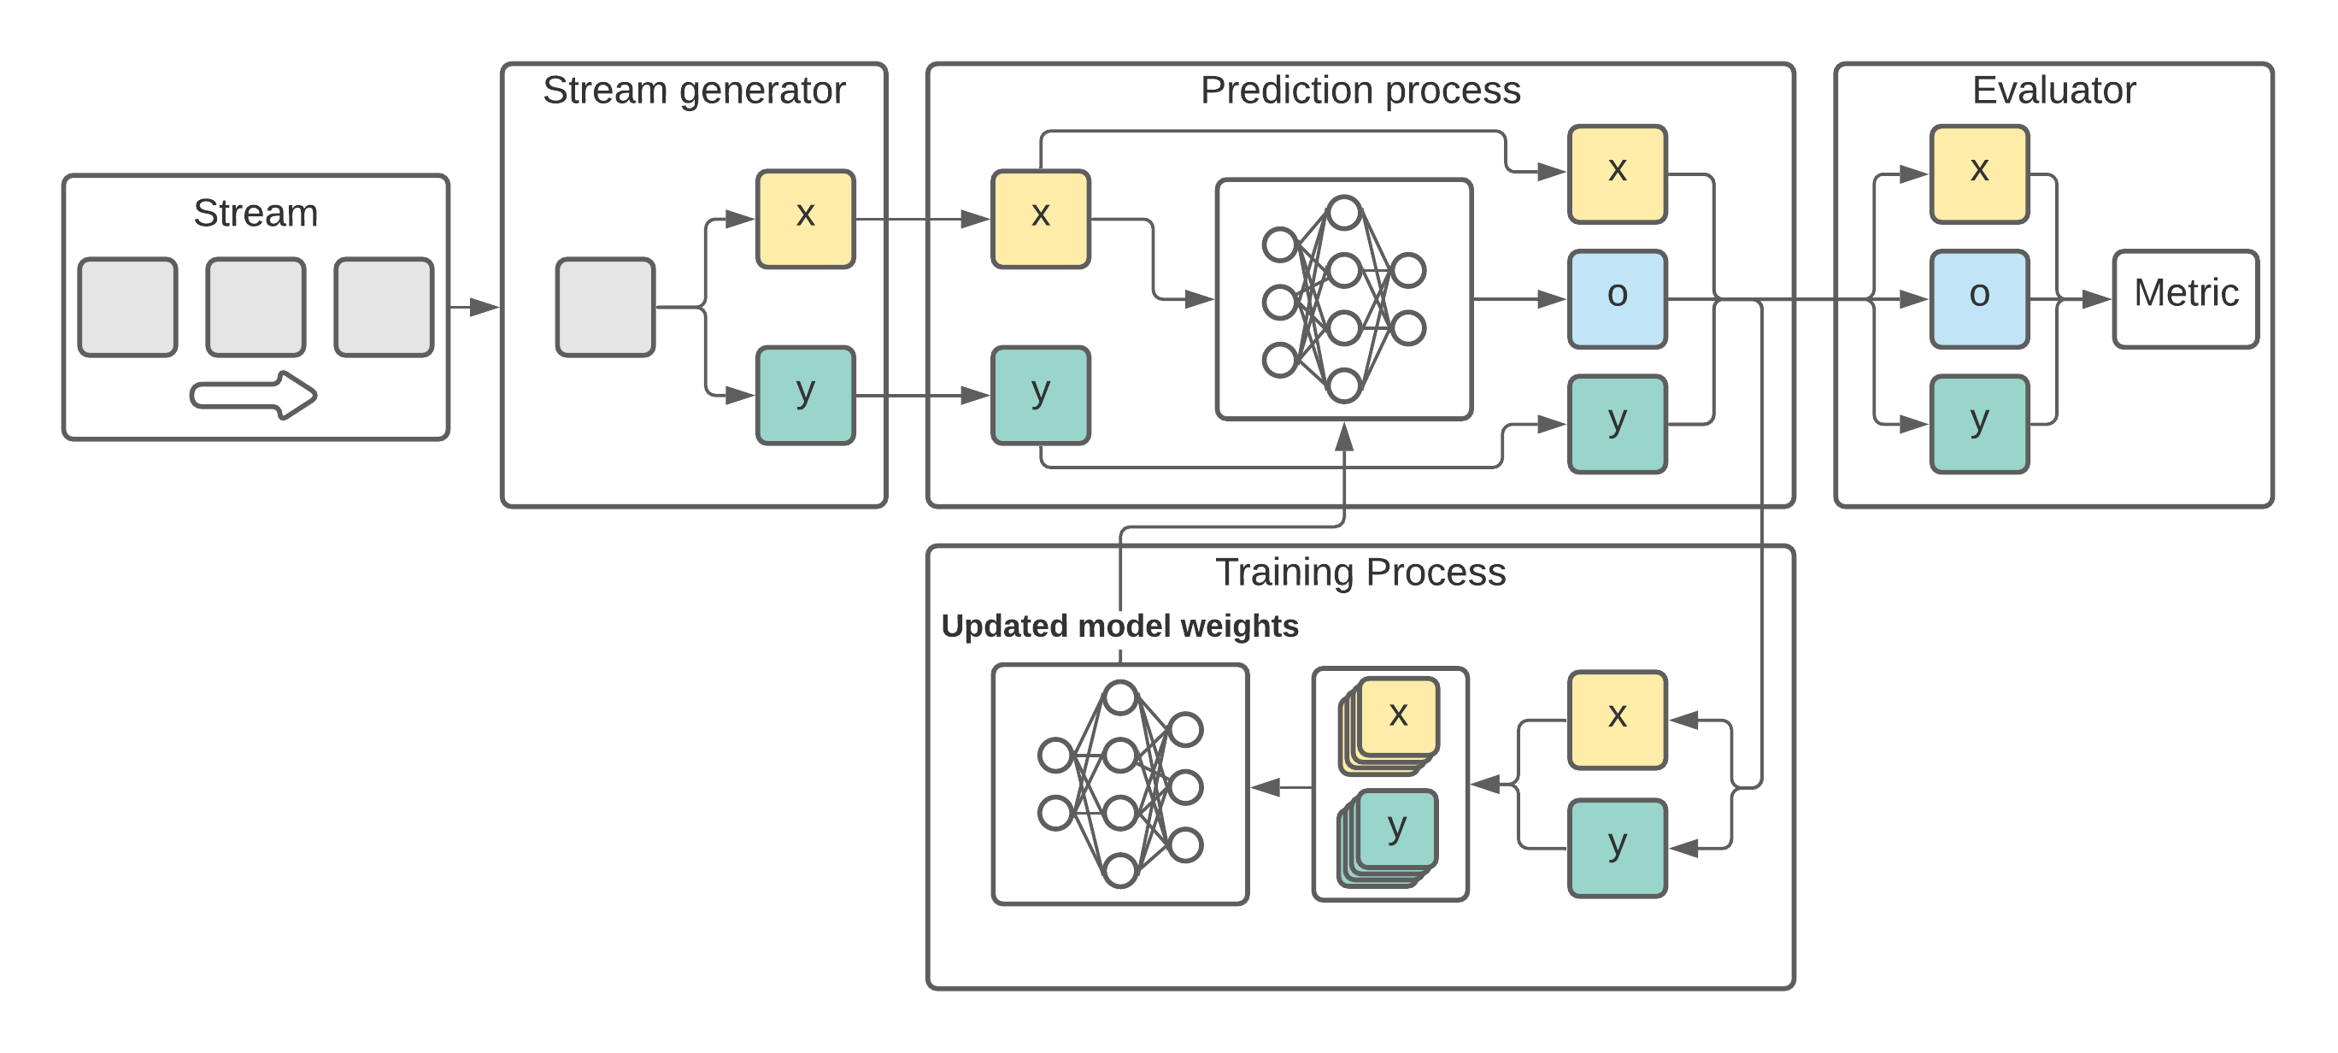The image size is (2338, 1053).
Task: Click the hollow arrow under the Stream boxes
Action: tap(253, 395)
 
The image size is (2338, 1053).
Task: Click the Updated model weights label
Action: tap(1119, 627)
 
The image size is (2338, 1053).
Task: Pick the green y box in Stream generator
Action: tap(805, 395)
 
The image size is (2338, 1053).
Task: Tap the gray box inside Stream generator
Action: tap(604, 307)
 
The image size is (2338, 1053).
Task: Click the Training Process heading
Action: tap(1360, 573)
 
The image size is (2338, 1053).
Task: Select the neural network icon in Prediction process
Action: tap(1343, 298)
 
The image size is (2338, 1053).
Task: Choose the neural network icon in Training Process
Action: tap(1120, 785)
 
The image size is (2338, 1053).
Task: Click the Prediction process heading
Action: tap(1360, 91)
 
